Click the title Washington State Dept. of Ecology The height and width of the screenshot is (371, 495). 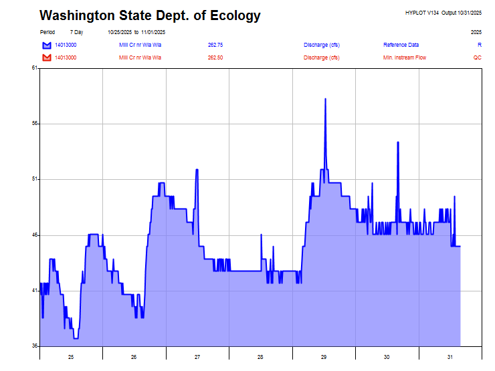tap(150, 15)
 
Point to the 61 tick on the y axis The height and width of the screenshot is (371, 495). tap(34, 68)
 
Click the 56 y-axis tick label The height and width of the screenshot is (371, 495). tap(34, 124)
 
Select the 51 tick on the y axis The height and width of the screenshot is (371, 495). tap(34, 179)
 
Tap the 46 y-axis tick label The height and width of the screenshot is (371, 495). tap(34, 235)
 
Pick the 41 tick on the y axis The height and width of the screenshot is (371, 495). tap(34, 291)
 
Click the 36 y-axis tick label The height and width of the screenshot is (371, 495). tap(34, 346)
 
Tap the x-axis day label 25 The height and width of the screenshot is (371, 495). tap(71, 357)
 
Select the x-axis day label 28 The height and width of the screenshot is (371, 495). tap(260, 357)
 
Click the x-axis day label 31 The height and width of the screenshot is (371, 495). tap(450, 357)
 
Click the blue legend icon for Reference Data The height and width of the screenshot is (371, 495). tap(47, 45)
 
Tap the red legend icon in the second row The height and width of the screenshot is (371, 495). tap(47, 57)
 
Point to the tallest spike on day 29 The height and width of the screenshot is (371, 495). tap(325, 99)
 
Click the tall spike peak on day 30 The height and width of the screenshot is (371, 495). tap(397, 142)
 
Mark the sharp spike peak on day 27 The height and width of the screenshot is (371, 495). tap(197, 170)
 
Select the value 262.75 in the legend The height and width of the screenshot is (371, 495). tap(215, 45)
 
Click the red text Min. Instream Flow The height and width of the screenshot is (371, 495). tap(405, 57)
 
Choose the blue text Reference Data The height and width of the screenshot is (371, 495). tap(401, 45)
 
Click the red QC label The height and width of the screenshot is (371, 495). tap(478, 57)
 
